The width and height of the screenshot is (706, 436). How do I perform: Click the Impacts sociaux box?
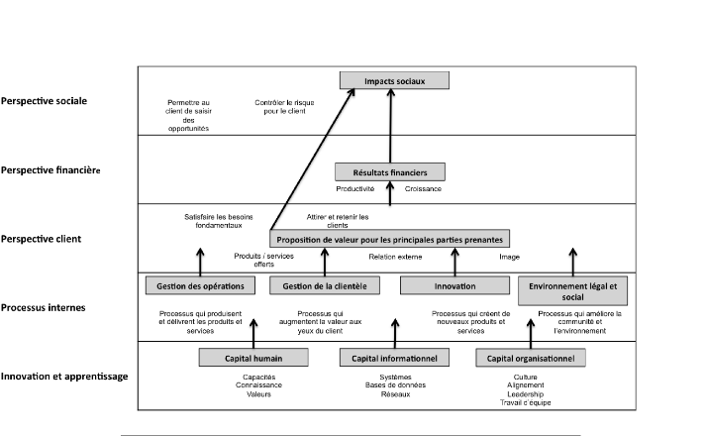[x=394, y=79]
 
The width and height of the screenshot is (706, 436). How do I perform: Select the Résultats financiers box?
[x=390, y=172]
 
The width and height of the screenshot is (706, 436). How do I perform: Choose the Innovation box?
[x=454, y=285]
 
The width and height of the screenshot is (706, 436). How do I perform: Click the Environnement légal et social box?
[x=572, y=289]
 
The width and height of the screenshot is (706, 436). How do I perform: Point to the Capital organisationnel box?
[x=531, y=357]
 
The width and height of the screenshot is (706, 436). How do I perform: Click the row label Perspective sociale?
[x=44, y=101]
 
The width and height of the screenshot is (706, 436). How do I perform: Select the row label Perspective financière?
[x=50, y=170]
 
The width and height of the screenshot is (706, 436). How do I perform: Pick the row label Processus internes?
[x=43, y=308]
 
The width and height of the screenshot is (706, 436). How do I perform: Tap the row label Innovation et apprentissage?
[x=64, y=377]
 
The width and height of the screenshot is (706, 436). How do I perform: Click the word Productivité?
[x=354, y=188]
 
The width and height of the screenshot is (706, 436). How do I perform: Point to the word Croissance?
[x=423, y=188]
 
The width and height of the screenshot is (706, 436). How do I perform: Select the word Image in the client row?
[x=510, y=256]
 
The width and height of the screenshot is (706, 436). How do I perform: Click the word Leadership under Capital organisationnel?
[x=524, y=394]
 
